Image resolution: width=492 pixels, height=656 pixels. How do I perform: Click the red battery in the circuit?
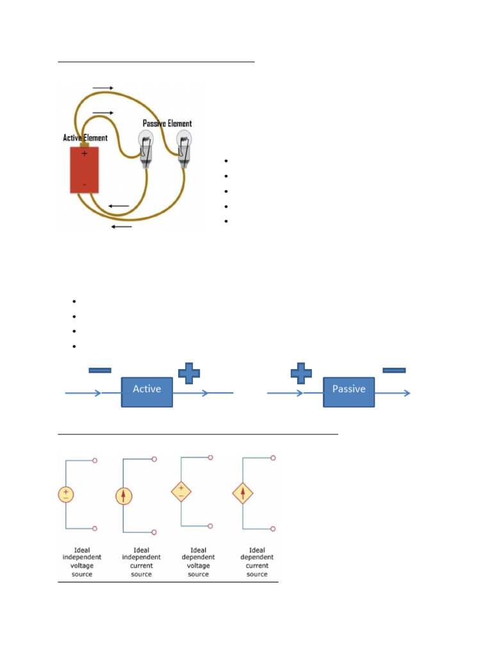click(x=85, y=169)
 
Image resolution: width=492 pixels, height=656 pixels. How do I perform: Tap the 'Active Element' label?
click(x=85, y=138)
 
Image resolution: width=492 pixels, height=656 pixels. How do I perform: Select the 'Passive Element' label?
click(x=167, y=124)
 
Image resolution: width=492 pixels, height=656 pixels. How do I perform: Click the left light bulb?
click(x=145, y=149)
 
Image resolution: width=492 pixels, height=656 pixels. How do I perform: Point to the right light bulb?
click(x=184, y=149)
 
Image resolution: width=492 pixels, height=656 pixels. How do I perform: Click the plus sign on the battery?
click(x=85, y=154)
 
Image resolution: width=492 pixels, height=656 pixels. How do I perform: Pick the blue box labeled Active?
click(x=147, y=392)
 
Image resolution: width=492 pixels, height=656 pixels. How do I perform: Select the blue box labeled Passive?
click(x=349, y=392)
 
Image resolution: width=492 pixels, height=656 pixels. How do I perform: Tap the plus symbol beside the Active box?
click(x=189, y=373)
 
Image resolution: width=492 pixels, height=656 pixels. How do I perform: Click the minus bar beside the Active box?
click(x=100, y=370)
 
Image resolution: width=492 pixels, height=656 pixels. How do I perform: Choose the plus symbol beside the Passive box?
click(x=301, y=373)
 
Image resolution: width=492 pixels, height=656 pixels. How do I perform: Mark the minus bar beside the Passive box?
click(x=394, y=370)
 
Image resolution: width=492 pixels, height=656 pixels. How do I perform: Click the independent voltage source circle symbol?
click(x=66, y=494)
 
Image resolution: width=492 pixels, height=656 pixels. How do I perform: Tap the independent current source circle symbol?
click(x=124, y=496)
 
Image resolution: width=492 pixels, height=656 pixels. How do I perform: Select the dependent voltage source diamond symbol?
click(x=181, y=491)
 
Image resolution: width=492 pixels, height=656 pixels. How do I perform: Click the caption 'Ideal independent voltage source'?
click(x=82, y=562)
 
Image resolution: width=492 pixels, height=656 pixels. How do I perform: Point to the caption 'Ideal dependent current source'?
click(x=257, y=562)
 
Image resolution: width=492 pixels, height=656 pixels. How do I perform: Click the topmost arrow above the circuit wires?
click(x=103, y=88)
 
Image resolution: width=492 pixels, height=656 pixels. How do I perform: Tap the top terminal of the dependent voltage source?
click(x=210, y=457)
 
